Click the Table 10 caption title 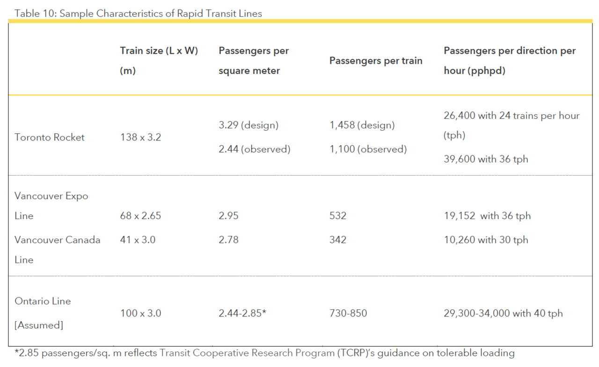138,13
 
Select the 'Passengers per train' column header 376,60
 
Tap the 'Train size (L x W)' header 159,51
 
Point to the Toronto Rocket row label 50,137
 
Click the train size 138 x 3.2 140,137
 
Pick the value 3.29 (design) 248,125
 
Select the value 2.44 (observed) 254,149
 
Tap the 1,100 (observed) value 368,149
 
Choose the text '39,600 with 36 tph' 486,159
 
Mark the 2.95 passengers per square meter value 228,216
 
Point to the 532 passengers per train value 338,216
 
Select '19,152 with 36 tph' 487,216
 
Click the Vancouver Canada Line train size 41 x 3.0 138,240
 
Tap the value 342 338,240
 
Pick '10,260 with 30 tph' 486,240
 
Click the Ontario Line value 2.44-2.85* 242,313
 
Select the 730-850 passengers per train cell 348,313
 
